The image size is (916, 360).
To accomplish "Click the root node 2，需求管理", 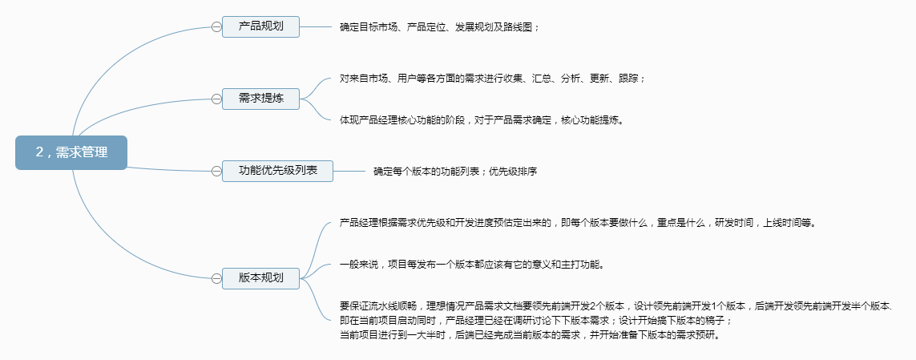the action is pos(71,152).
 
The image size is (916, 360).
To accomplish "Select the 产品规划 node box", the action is pos(260,26).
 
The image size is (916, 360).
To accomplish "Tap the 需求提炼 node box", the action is pos(260,99).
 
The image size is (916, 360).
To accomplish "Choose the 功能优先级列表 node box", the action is pos(277,171).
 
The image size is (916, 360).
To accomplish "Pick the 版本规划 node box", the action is pos(260,278).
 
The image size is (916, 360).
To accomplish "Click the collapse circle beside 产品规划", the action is pos(216,26).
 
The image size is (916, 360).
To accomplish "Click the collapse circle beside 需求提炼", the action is pos(216,99).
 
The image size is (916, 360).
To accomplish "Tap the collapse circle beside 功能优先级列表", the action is pos(216,171).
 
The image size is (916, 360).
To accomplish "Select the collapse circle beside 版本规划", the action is pos(216,278).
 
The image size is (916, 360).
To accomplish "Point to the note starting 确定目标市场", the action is pos(439,26).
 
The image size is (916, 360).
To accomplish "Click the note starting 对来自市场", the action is pos(492,78).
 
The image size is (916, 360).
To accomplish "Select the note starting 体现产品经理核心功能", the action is pos(481,120).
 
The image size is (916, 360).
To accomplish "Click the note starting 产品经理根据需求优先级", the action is pos(577,222).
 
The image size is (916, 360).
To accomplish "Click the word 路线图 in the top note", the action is pos(519,26).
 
